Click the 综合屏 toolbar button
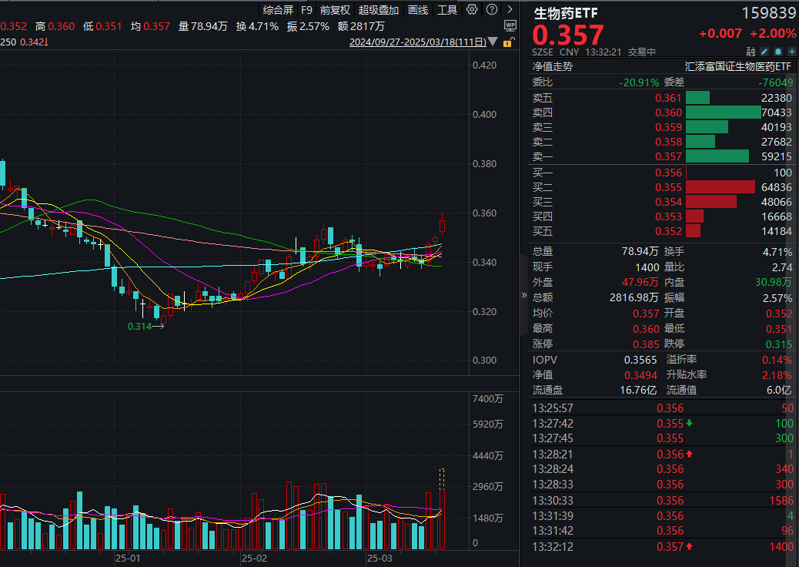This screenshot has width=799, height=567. click(x=278, y=10)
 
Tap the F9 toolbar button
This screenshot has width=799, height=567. click(x=306, y=10)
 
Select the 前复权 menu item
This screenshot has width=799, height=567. click(x=335, y=10)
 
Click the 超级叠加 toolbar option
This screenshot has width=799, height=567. click(x=379, y=10)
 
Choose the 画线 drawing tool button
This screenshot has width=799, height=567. click(x=418, y=10)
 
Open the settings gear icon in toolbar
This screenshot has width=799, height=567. click(x=472, y=10)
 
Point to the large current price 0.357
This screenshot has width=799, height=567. click(x=569, y=35)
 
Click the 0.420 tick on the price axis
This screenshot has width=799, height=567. click(x=484, y=65)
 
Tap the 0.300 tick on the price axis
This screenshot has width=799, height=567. click(x=484, y=361)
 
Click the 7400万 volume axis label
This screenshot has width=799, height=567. click(x=488, y=399)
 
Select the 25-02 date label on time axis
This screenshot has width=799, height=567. click(x=254, y=557)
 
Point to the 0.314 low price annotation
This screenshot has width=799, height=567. click(x=139, y=327)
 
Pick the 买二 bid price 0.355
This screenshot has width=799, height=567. click(x=668, y=187)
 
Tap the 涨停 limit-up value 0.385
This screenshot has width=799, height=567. click(x=668, y=344)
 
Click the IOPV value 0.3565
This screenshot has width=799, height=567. click(x=640, y=360)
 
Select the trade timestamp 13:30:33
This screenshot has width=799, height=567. click(x=553, y=500)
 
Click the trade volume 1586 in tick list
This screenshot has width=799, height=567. click(x=781, y=500)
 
